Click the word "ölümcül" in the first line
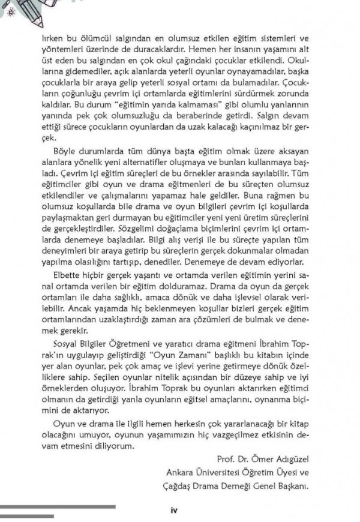tap(93, 38)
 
